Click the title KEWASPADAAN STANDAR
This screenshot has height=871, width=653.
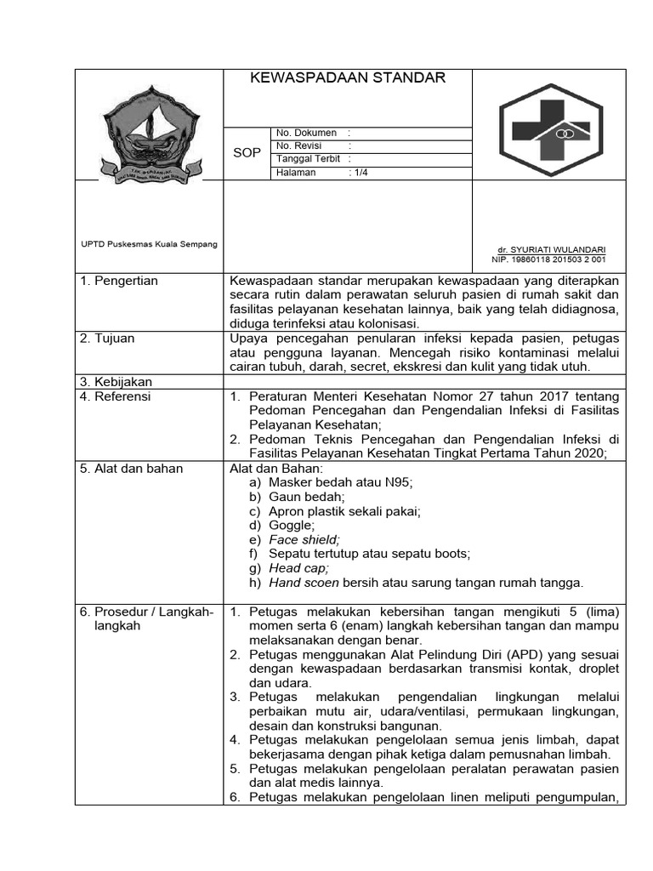pyautogui.click(x=347, y=78)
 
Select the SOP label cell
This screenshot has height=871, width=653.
pyautogui.click(x=247, y=152)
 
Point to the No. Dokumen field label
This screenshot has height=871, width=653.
pyautogui.click(x=306, y=133)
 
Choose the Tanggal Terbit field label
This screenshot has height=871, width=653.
pyautogui.click(x=309, y=159)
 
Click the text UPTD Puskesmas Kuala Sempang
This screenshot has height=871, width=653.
pyautogui.click(x=149, y=244)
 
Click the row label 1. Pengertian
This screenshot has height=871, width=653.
pyautogui.click(x=119, y=281)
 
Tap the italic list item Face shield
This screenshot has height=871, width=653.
pyautogui.click(x=304, y=539)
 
